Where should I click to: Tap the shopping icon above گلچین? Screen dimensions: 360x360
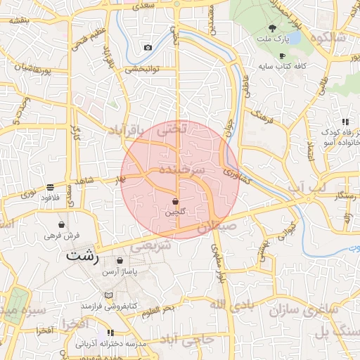[175, 201]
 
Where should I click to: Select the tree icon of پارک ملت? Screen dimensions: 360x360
[272, 29]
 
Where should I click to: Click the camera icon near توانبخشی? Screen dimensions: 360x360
[148, 48]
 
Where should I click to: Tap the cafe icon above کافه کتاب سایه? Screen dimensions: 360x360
[282, 56]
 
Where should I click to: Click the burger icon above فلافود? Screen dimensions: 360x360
[50, 188]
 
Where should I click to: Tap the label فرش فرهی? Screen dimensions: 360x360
[61, 236]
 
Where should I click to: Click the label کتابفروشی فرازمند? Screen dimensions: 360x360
[108, 307]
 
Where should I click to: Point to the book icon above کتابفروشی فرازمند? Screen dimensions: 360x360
[108, 295]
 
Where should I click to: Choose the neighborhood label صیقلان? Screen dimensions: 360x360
[219, 228]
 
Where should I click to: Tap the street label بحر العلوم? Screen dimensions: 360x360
[155, 311]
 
